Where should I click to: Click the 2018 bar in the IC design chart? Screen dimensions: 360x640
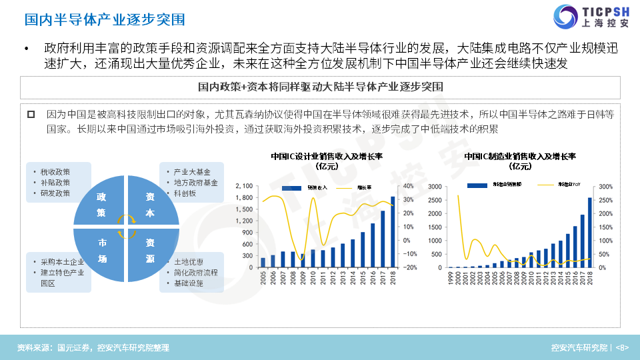(393, 231)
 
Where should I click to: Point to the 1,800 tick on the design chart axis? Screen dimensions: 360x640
(243, 197)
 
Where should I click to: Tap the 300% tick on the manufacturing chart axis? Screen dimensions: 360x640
(605, 186)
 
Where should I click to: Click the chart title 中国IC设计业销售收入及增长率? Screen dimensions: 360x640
(331, 157)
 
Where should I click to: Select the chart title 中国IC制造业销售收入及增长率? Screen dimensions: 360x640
(520, 157)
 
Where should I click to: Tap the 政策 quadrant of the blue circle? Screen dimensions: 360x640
(101, 205)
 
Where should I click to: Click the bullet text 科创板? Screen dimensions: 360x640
(185, 193)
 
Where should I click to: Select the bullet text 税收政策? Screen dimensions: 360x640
(55, 172)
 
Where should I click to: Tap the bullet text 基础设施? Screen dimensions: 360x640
(189, 283)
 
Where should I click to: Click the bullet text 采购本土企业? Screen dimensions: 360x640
(62, 262)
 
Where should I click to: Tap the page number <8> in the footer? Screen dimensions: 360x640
(621, 347)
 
